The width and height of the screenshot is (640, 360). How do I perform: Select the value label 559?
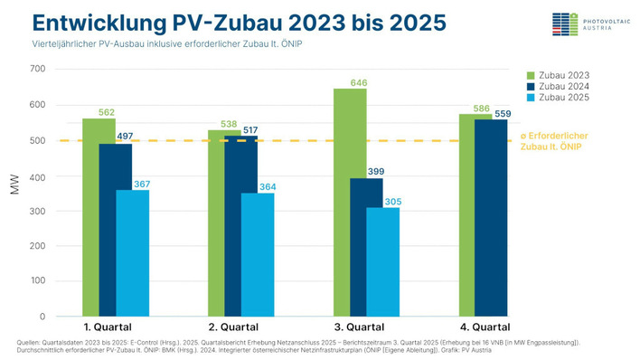pyautogui.click(x=502, y=114)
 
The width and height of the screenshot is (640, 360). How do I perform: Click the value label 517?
pyautogui.click(x=250, y=130)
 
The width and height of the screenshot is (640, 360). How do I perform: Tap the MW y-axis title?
pyautogui.click(x=14, y=194)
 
